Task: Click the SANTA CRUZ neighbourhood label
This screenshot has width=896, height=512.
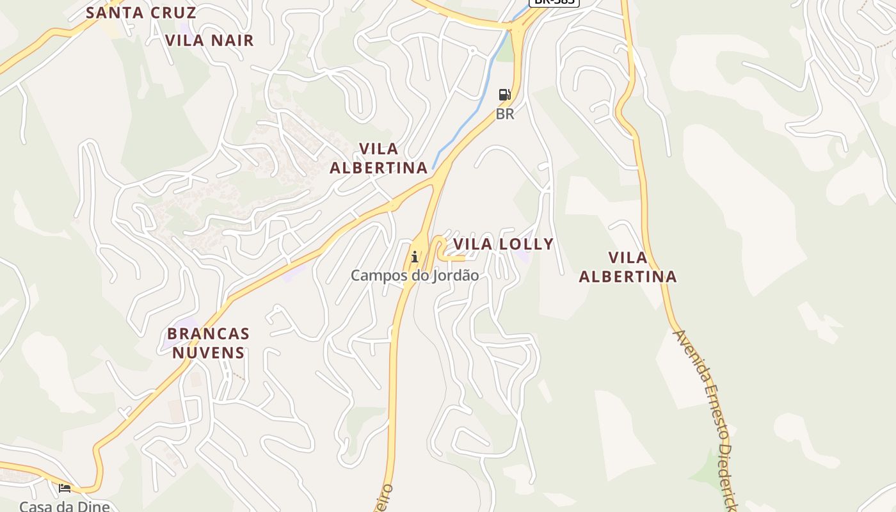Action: tap(141, 12)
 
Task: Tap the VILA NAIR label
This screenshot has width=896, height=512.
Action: tap(209, 40)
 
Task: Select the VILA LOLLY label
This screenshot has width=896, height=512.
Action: tap(503, 244)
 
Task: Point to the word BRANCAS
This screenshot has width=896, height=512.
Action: tap(208, 333)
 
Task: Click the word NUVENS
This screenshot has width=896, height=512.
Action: tap(208, 353)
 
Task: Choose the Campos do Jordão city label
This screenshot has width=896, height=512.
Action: tap(414, 276)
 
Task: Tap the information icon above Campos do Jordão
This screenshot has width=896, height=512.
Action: tap(415, 257)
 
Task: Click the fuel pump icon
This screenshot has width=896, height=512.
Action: tap(505, 95)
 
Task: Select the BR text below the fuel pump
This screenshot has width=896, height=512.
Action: tap(505, 115)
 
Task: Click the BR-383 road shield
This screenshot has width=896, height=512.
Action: tap(554, 2)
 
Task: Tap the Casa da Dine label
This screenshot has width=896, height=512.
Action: tap(64, 506)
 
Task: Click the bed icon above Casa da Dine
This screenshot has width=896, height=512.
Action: tap(65, 488)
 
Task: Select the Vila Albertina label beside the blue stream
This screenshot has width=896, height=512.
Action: tap(378, 158)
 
